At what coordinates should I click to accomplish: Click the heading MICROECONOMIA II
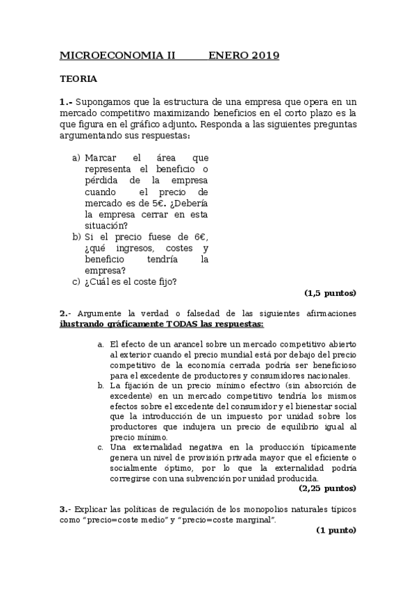(x=118, y=56)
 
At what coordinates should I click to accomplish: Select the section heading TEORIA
(x=78, y=79)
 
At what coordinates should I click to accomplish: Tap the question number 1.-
(x=67, y=101)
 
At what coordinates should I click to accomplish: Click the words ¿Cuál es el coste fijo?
(x=130, y=281)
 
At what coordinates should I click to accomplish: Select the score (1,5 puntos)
(x=330, y=292)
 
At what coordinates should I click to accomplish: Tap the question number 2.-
(x=66, y=313)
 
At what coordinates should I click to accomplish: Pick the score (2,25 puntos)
(x=327, y=488)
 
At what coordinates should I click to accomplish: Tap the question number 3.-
(x=65, y=509)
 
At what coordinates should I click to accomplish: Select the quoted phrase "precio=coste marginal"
(x=228, y=520)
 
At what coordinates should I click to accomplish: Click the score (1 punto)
(x=336, y=530)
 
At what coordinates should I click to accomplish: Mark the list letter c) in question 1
(x=76, y=281)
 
